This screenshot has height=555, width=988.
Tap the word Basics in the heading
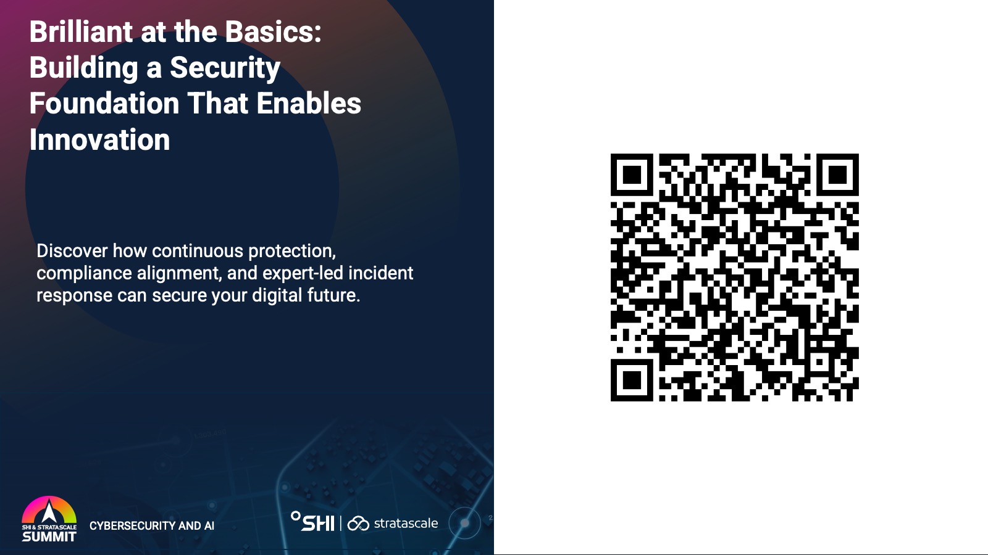click(x=273, y=31)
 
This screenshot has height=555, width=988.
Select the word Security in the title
click(x=225, y=68)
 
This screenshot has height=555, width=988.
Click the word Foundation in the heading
click(x=104, y=103)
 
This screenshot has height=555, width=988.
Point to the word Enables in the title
click(x=309, y=103)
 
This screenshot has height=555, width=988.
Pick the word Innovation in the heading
click(x=99, y=139)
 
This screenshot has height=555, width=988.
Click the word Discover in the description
click(x=72, y=250)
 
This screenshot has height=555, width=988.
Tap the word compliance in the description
click(x=84, y=274)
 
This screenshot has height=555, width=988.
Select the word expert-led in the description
click(x=303, y=274)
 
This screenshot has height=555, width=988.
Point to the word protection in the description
click(x=292, y=252)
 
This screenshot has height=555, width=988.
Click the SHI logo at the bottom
click(x=312, y=522)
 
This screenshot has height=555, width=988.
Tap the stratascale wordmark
click(x=406, y=524)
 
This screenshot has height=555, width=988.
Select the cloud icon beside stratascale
click(x=358, y=524)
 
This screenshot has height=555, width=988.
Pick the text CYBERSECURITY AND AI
click(x=152, y=525)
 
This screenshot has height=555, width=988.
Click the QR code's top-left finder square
click(x=632, y=175)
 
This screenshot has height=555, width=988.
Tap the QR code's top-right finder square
click(x=837, y=175)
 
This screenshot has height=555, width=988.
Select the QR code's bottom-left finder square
click(x=632, y=380)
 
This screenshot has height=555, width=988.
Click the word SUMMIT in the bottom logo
click(x=49, y=536)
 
